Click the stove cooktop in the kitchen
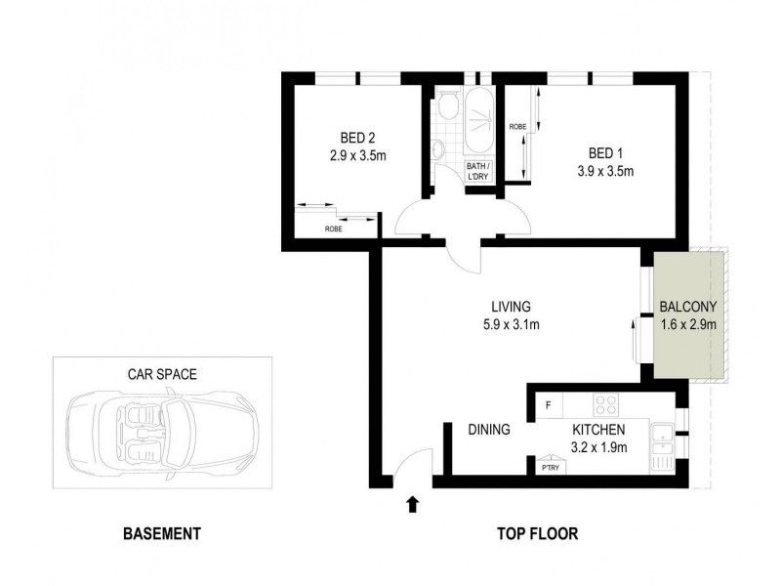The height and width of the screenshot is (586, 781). coord(604,402)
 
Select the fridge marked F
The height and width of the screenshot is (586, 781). coord(549,403)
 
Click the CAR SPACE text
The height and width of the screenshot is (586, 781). coord(162,373)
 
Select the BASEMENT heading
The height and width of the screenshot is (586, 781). coord(162,534)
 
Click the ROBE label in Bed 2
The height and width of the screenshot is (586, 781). coord(334,230)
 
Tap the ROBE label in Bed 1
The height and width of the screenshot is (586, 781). coord(517,127)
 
